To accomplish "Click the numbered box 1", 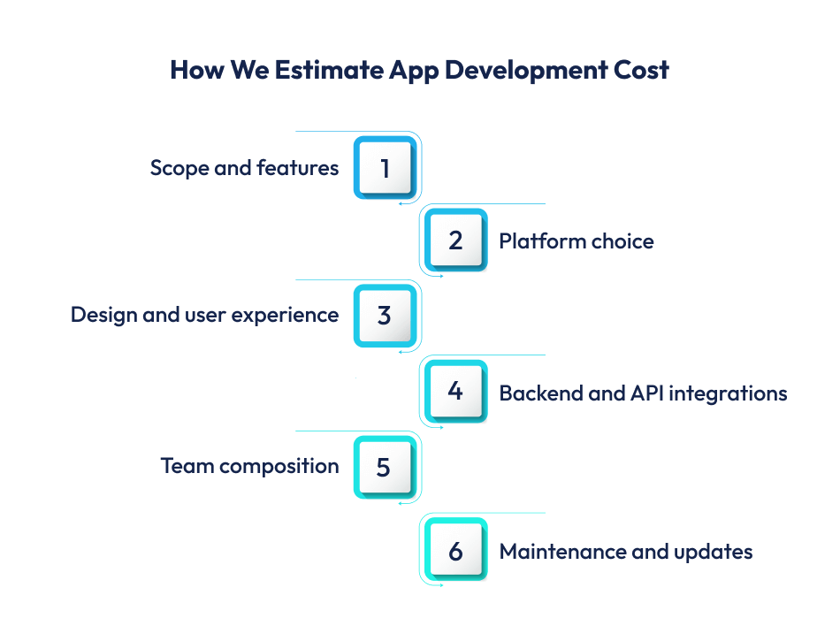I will pyautogui.click(x=385, y=167).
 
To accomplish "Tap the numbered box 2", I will pyautogui.click(x=455, y=240).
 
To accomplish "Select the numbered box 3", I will pyautogui.click(x=385, y=315).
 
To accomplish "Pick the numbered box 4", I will pyautogui.click(x=455, y=391).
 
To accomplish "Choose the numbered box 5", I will pyautogui.click(x=385, y=466).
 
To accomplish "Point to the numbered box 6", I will pyautogui.click(x=455, y=551).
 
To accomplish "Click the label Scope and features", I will pyautogui.click(x=244, y=168).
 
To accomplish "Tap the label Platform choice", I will pyautogui.click(x=577, y=241).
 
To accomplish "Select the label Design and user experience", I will pyautogui.click(x=204, y=315).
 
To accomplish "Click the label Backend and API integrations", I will pyautogui.click(x=643, y=393).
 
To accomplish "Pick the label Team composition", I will pyautogui.click(x=249, y=466).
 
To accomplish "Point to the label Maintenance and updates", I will pyautogui.click(x=626, y=552).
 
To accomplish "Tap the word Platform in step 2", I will pyautogui.click(x=533, y=241).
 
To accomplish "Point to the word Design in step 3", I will pyautogui.click(x=99, y=315).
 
